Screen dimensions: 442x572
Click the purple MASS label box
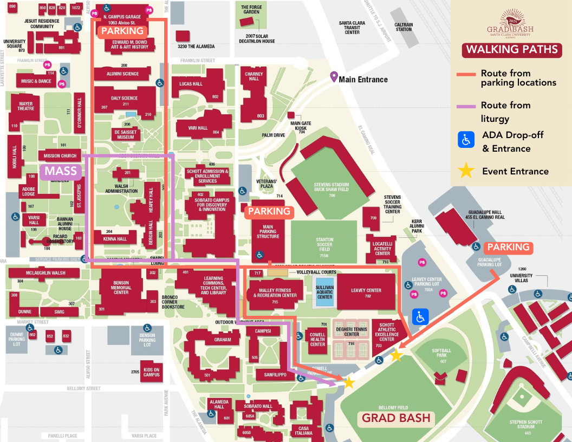click(61, 172)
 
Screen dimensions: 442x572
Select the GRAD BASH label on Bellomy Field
click(396, 418)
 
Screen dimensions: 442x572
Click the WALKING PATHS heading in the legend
click(512, 50)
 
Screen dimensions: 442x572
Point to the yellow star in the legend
click(466, 171)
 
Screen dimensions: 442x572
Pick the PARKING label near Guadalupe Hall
click(508, 248)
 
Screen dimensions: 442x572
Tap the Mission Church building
click(60, 156)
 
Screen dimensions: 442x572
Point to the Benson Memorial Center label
click(121, 288)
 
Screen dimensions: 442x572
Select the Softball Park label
click(441, 353)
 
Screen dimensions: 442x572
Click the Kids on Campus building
click(152, 372)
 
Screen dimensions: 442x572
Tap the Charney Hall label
click(253, 76)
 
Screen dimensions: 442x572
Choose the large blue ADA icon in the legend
click(466, 139)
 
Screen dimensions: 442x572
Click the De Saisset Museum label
click(125, 134)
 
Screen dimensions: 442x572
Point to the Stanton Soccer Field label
click(324, 242)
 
